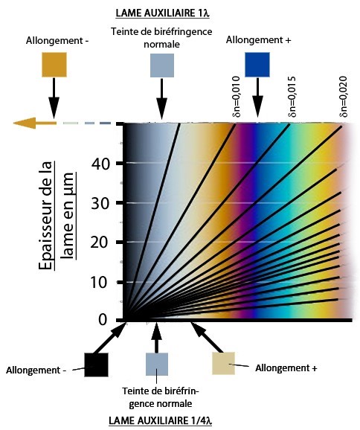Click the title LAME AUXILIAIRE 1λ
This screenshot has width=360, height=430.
click(x=162, y=13)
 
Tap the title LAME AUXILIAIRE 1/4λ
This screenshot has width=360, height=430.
click(x=161, y=420)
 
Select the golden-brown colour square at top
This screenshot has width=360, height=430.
click(x=54, y=65)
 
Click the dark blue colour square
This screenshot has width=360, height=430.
click(x=257, y=65)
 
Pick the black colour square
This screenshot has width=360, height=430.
click(x=96, y=365)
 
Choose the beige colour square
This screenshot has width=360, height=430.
click(x=223, y=363)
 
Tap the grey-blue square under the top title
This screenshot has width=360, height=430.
click(x=162, y=65)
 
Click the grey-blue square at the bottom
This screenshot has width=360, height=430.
click(x=156, y=365)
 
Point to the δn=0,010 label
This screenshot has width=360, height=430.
click(x=236, y=97)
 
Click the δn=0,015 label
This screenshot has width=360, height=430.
click(x=291, y=97)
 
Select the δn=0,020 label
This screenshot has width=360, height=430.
click(x=343, y=97)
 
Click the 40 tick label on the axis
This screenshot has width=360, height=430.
click(x=100, y=164)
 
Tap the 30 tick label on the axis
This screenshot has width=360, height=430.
click(x=100, y=204)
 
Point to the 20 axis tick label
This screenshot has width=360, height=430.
click(x=100, y=243)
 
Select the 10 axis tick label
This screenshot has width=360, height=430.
click(x=99, y=283)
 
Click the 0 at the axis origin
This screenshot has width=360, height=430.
click(x=103, y=320)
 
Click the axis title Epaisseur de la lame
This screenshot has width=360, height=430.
click(x=57, y=216)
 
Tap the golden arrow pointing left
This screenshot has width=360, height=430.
click(x=34, y=123)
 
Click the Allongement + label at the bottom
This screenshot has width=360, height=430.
click(x=286, y=368)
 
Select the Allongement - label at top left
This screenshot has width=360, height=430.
click(x=57, y=41)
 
